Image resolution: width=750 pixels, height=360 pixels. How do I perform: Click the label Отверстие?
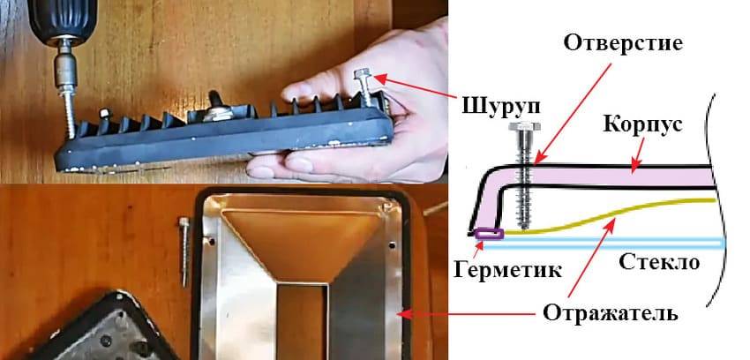tap(623, 43)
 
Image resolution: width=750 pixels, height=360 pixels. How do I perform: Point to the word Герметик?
tap(506, 269)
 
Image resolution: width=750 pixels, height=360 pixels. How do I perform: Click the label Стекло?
tap(659, 262)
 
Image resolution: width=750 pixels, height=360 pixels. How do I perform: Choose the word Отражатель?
tap(611, 313)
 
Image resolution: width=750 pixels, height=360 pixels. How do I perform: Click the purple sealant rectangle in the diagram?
tap(488, 234)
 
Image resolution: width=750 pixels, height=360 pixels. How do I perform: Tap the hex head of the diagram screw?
tap(525, 126)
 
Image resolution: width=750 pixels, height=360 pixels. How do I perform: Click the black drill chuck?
tap(62, 20)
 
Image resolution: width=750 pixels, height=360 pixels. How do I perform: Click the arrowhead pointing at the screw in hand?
tap(379, 77)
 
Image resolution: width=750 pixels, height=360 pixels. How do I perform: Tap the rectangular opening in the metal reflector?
tap(302, 320)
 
